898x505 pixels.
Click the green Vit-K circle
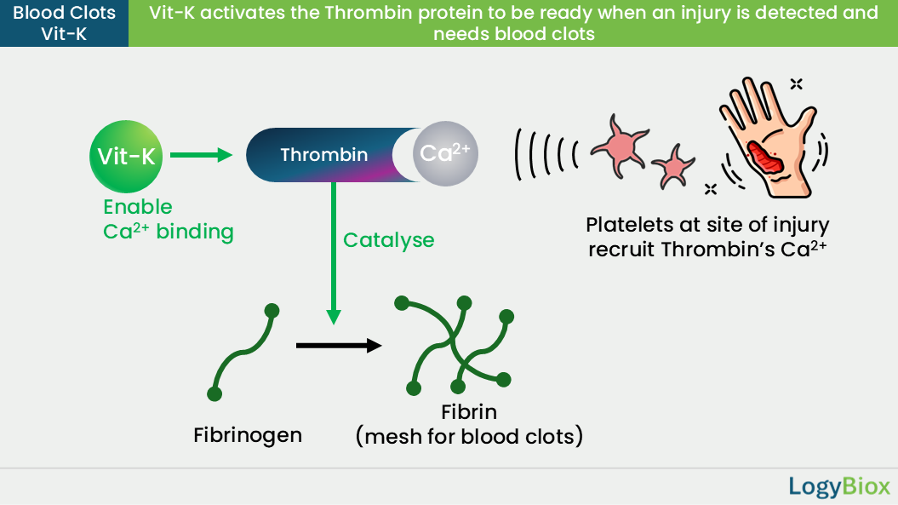[126, 157]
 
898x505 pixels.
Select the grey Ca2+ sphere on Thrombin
[445, 153]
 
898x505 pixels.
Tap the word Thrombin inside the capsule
[324, 155]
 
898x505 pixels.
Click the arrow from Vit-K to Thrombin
[201, 155]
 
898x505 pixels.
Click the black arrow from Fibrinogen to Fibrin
[339, 345]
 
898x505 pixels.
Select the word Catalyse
[389, 240]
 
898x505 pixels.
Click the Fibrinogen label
[248, 435]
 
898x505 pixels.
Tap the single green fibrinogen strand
[243, 353]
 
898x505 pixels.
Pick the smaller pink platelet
[673, 166]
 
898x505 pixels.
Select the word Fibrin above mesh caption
[469, 412]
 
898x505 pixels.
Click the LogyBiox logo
[839, 486]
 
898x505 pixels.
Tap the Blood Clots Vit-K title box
[64, 24]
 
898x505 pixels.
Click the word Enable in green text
[137, 206]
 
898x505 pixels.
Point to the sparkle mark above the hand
[796, 84]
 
